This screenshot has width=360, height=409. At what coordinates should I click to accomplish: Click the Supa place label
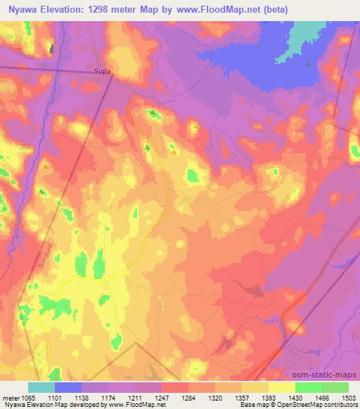pos(103,70)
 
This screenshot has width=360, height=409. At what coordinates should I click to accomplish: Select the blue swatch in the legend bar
pos(68,387)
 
